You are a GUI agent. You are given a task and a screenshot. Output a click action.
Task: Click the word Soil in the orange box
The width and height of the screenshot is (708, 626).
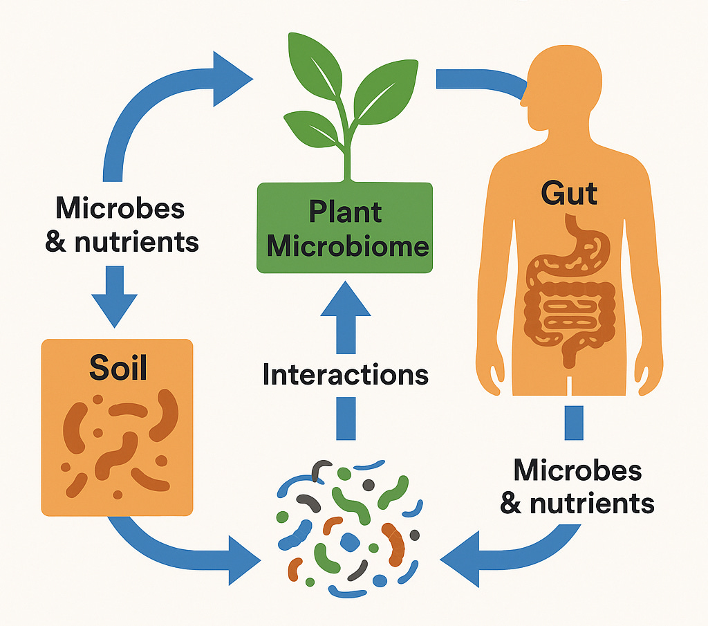tap(118, 367)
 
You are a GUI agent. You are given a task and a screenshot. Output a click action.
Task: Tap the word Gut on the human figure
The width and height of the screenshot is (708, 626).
tap(569, 193)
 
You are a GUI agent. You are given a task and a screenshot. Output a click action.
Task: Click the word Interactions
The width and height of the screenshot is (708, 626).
tap(346, 374)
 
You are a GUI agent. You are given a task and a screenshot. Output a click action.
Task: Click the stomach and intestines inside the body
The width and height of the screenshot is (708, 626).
tap(568, 291)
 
